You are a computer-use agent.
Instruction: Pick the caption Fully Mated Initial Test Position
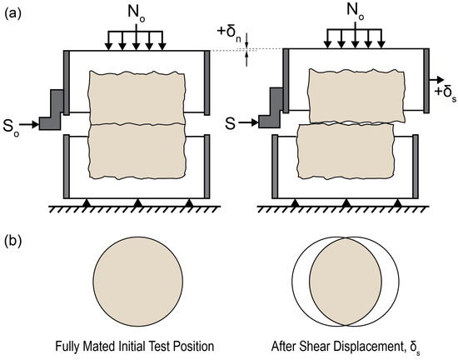[136, 345]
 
